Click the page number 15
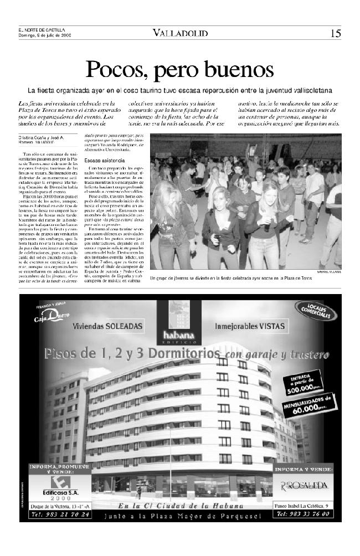tap(336, 33)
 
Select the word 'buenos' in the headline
tap(243, 70)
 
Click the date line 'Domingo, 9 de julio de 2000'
tap(45, 35)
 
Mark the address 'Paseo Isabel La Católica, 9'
tap(304, 506)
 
